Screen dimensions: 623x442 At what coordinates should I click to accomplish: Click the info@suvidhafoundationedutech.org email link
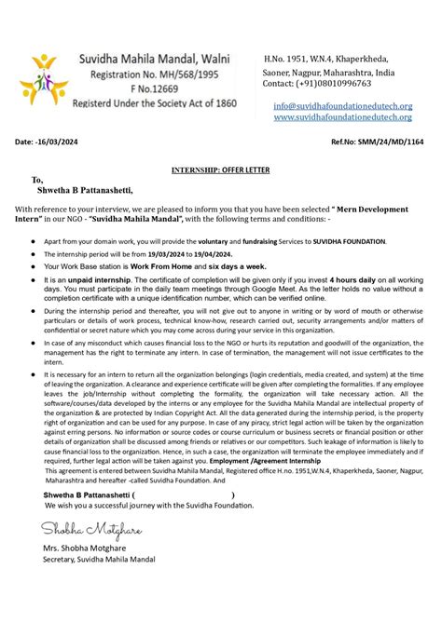click(x=342, y=106)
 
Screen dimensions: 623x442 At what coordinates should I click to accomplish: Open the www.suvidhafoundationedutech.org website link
click(x=342, y=117)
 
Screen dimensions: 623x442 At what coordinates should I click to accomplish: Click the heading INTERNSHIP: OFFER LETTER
click(x=220, y=170)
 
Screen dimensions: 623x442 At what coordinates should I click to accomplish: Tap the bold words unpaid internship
click(x=100, y=278)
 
